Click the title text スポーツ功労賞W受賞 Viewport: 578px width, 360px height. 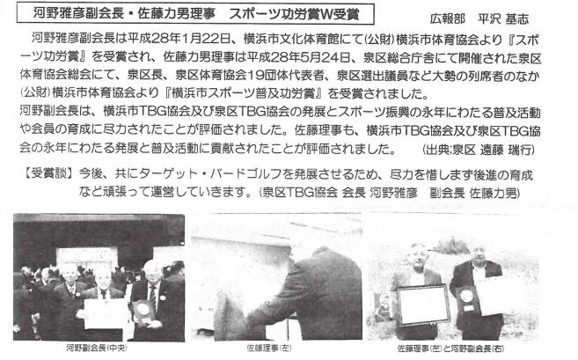coord(294,14)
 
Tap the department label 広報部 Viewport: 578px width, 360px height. coord(448,18)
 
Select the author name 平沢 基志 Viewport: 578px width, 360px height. coord(503,18)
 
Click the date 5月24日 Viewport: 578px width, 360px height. coord(322,57)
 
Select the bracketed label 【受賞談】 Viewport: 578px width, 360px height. coord(48,173)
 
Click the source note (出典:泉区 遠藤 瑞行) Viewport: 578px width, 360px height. coord(479,150)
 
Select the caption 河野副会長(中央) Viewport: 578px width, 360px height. coord(97,348)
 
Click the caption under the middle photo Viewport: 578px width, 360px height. coord(268,348)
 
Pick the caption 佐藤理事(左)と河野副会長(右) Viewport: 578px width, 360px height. coord(450,349)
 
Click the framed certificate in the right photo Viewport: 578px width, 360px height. coord(424,305)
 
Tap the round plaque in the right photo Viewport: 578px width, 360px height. coord(466,297)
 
